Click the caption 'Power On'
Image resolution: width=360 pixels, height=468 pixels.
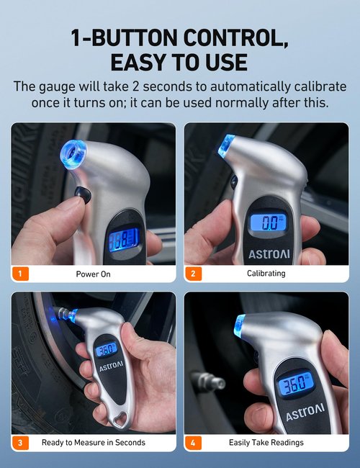93,274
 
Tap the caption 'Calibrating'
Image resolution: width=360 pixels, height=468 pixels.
266,274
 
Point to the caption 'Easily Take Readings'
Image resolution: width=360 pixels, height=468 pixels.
266,442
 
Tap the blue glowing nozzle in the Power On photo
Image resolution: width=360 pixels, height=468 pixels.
73,153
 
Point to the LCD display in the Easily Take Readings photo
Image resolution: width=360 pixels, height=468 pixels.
296,383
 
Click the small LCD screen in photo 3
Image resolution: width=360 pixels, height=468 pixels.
106,350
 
